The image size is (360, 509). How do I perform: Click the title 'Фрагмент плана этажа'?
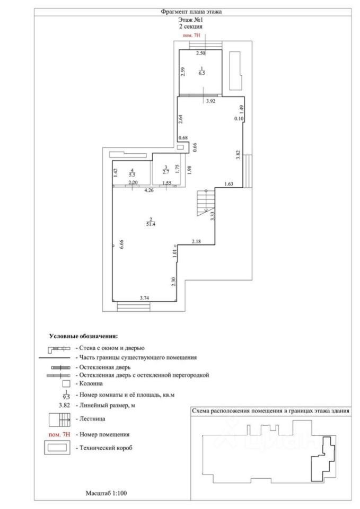(x=191, y=11)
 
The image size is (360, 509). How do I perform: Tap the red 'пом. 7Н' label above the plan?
(x=191, y=36)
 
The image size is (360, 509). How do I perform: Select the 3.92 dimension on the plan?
(x=210, y=102)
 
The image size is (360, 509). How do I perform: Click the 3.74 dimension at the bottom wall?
(x=144, y=298)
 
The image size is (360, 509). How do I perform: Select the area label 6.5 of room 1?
(x=201, y=74)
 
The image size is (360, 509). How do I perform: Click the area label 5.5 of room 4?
(x=132, y=173)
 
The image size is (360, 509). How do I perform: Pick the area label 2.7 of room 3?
(x=165, y=172)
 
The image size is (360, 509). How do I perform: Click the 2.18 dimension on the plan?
(x=197, y=242)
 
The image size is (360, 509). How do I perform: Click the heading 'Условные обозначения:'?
(x=83, y=336)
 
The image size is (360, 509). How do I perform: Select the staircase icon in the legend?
(x=60, y=419)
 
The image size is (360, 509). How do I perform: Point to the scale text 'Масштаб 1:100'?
(x=106, y=493)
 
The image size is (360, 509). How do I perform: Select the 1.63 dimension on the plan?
(x=230, y=185)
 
